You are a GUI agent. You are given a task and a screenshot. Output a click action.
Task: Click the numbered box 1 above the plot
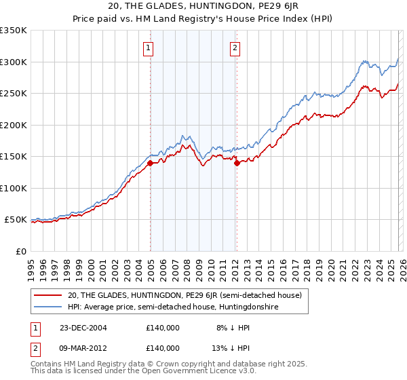point(148,47)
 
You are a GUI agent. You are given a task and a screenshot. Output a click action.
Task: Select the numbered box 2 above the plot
point(235,47)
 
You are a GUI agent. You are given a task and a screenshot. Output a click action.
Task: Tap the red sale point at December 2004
point(150,163)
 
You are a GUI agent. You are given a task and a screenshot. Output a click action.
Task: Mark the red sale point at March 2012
point(237,163)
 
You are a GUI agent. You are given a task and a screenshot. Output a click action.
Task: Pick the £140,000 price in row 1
point(162,327)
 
